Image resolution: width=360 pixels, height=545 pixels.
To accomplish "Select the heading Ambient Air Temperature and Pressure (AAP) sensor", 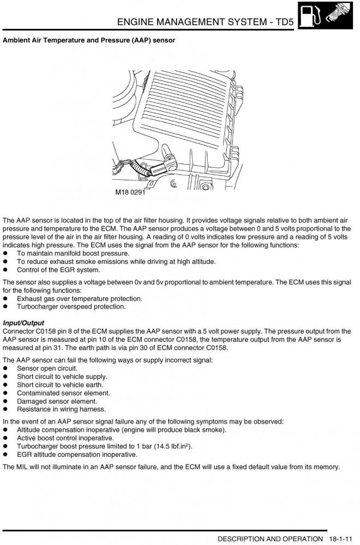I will (x=89, y=40).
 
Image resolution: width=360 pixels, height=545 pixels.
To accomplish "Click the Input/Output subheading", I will (x=23, y=323).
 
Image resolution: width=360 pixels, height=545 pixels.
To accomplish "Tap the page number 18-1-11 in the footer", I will (x=342, y=539).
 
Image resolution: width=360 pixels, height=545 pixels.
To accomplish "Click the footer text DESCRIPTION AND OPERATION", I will (x=270, y=539).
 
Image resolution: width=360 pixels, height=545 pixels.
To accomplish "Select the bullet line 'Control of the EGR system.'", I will (x=58, y=270).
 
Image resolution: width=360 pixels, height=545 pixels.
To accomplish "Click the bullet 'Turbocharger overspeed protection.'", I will (x=71, y=306).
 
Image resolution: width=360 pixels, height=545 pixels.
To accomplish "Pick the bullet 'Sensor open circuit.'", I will (x=47, y=368).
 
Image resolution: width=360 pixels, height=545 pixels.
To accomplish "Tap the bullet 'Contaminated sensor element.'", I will (x=63, y=393).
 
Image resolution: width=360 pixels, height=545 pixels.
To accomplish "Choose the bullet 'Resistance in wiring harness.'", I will (x=61, y=409).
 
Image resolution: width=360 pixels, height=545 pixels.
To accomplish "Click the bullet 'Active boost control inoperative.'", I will (x=65, y=438).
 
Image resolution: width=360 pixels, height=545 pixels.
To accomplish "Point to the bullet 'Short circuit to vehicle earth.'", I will (x=60, y=385).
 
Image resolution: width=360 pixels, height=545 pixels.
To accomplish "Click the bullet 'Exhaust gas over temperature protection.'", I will (x=80, y=299).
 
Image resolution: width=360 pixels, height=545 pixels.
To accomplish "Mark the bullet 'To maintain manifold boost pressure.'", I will (x=73, y=253).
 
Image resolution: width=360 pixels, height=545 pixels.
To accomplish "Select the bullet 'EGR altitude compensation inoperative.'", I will (x=77, y=454).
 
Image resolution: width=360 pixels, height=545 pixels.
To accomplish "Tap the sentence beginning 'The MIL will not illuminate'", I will (x=171, y=467).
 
